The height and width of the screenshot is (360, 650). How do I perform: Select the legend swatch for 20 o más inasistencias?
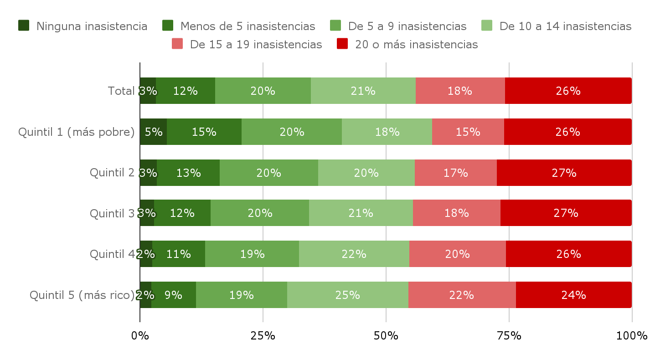click(x=342, y=44)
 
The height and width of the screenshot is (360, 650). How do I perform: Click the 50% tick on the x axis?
click(x=386, y=336)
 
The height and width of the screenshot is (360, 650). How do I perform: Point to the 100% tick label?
click(x=631, y=336)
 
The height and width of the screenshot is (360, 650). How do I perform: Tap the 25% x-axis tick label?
click(x=263, y=336)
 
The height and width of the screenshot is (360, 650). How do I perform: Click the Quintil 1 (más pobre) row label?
click(x=77, y=132)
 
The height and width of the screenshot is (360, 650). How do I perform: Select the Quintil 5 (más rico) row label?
click(x=82, y=295)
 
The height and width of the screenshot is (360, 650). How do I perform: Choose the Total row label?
click(x=121, y=91)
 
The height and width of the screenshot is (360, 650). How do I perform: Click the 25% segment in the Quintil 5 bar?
click(x=347, y=295)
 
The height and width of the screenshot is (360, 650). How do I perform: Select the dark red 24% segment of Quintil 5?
click(x=573, y=295)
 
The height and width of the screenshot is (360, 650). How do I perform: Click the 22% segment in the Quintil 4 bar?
click(x=354, y=254)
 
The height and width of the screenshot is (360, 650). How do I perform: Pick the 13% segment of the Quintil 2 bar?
click(x=188, y=173)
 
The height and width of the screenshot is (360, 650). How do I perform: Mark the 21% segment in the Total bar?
click(x=363, y=91)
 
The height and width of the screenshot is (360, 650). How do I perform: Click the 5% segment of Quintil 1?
click(x=153, y=132)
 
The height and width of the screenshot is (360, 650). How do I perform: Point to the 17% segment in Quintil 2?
click(x=455, y=173)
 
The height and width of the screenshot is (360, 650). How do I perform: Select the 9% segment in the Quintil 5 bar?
click(x=173, y=295)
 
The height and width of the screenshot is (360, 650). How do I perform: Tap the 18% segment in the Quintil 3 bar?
click(x=456, y=213)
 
